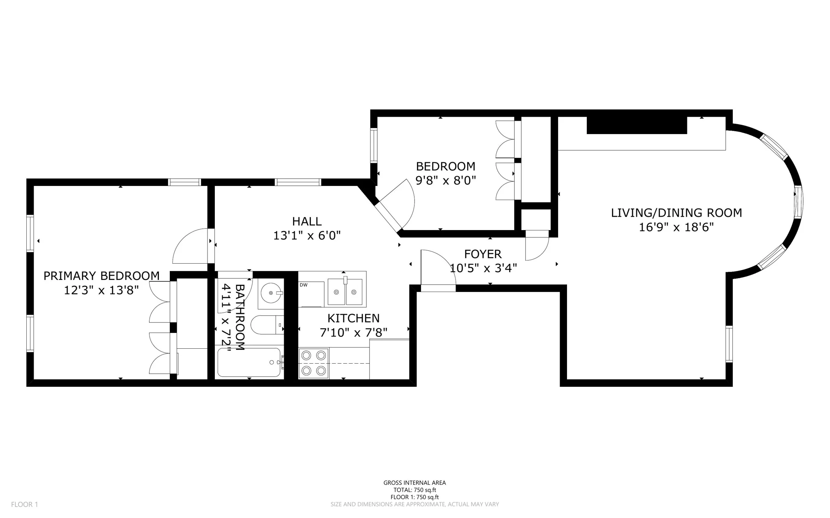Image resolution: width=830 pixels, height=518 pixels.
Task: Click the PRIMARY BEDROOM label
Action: pos(101,276)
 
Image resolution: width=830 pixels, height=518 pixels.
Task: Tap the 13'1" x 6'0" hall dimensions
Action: pos(307,235)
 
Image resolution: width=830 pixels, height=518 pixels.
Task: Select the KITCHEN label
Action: pos(353,318)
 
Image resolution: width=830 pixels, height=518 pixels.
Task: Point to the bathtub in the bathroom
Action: pos(249,362)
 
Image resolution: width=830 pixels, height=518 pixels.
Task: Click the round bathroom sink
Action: pos(270,292)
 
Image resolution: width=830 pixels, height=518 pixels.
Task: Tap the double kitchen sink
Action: pos(345,292)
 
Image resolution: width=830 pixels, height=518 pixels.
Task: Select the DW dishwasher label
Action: pos(304,285)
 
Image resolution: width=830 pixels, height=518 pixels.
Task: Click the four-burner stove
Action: pos(314,363)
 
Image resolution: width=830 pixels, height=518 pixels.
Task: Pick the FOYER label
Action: pos(483,254)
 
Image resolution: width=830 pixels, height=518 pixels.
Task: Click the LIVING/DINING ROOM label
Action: pos(676,213)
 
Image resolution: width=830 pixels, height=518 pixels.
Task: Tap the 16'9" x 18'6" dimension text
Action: pos(676,227)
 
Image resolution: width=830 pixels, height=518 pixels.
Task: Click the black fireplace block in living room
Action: pos(637,125)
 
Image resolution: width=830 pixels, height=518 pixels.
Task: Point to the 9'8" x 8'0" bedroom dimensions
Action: pos(445,180)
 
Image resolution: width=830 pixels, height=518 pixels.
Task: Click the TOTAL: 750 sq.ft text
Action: pos(415,490)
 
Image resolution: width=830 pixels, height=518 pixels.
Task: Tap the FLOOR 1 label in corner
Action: pos(24,504)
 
